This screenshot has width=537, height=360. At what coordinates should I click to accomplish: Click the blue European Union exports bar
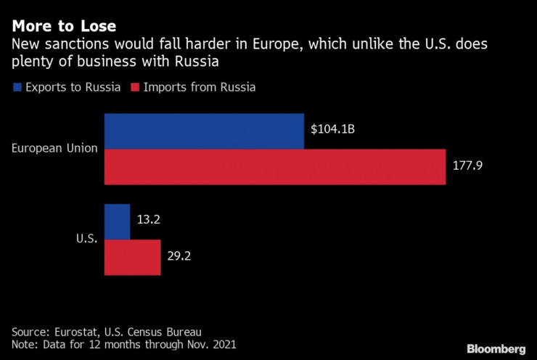tap(204, 131)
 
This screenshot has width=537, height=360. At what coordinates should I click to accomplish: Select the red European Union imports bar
tap(274, 166)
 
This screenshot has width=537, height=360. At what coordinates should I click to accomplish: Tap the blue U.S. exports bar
tap(117, 221)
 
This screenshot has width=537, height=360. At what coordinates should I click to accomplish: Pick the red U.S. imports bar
tap(132, 257)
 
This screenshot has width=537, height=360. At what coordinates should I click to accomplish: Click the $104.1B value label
tap(332, 131)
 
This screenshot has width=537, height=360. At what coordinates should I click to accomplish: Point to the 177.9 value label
tap(468, 166)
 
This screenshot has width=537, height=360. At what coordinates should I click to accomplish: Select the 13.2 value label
tap(149, 221)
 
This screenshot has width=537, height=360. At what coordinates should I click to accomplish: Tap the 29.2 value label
tap(180, 257)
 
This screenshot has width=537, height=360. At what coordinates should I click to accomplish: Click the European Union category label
tap(54, 148)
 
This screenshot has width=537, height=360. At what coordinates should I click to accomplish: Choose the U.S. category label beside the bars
tap(86, 240)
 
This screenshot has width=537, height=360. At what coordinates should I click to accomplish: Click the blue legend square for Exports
tap(16, 87)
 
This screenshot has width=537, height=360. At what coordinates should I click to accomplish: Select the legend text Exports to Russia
tap(73, 87)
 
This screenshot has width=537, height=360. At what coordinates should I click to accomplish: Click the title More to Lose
tap(64, 27)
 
